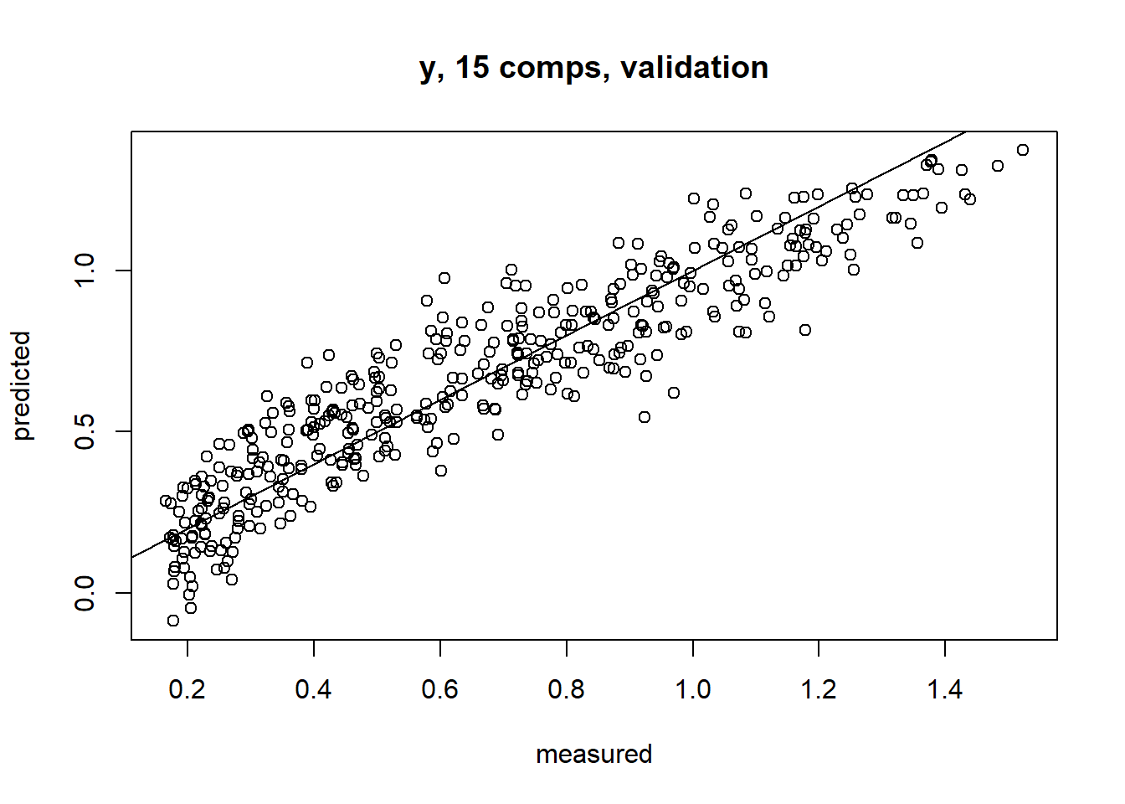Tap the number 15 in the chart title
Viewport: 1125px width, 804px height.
472,68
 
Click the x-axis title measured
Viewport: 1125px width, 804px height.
593,754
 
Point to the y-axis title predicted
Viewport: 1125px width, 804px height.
22,385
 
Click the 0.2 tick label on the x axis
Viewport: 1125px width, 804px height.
187,690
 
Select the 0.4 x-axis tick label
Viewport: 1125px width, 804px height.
314,690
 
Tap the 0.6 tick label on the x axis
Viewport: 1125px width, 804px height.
440,690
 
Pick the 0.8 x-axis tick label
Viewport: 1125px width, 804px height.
567,690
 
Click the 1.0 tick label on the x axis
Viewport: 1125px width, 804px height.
693,690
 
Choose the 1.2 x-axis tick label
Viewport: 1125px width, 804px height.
819,690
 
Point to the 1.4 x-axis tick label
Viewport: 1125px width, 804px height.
945,690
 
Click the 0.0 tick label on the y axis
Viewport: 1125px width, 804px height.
85,593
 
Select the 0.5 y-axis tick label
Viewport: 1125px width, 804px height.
85,431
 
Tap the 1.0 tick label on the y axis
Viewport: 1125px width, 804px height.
85,271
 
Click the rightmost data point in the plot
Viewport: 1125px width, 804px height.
1023,150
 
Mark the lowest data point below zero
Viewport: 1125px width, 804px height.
173,621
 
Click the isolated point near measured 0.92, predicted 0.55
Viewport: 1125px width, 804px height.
645,417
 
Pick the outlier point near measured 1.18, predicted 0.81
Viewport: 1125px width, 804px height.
805,330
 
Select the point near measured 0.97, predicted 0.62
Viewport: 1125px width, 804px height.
674,393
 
